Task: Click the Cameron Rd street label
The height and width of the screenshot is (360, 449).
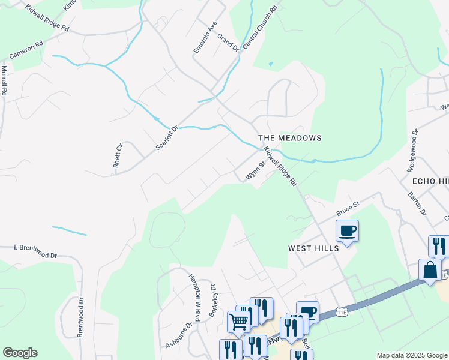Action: (26, 52)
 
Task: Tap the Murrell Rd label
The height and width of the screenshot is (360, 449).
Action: (4, 82)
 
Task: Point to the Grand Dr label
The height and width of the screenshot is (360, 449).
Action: (228, 43)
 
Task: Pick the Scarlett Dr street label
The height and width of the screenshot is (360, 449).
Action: (167, 137)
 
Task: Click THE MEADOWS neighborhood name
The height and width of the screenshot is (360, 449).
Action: (290, 138)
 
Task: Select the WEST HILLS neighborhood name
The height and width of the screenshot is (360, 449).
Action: (313, 248)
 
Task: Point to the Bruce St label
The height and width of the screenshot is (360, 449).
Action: (348, 209)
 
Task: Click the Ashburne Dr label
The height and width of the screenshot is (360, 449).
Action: (180, 335)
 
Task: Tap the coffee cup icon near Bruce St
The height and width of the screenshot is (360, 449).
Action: (348, 230)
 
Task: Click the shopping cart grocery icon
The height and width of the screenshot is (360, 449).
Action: (238, 321)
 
